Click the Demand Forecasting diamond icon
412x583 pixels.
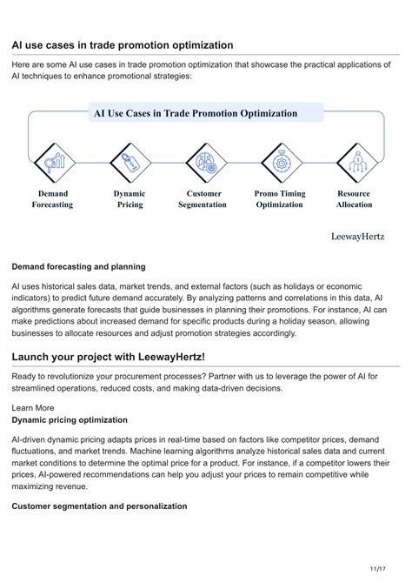click(54, 162)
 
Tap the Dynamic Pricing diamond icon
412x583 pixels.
click(130, 162)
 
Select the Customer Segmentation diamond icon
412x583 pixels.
click(205, 162)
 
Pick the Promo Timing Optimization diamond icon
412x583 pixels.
click(280, 162)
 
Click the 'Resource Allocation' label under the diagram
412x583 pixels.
click(354, 199)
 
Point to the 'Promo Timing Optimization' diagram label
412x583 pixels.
click(279, 199)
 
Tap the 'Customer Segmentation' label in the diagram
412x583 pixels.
click(203, 199)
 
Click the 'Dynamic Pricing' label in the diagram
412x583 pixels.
click(130, 199)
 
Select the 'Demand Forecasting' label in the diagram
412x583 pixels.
click(53, 199)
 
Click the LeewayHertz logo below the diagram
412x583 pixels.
click(358, 236)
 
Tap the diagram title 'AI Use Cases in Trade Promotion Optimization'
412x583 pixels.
click(196, 113)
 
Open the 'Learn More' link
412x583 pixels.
click(33, 407)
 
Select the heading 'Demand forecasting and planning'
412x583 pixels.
click(78, 266)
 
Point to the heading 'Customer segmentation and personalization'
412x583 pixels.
click(99, 506)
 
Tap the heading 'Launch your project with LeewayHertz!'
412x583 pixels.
click(109, 357)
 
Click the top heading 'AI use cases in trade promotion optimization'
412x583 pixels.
click(123, 44)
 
